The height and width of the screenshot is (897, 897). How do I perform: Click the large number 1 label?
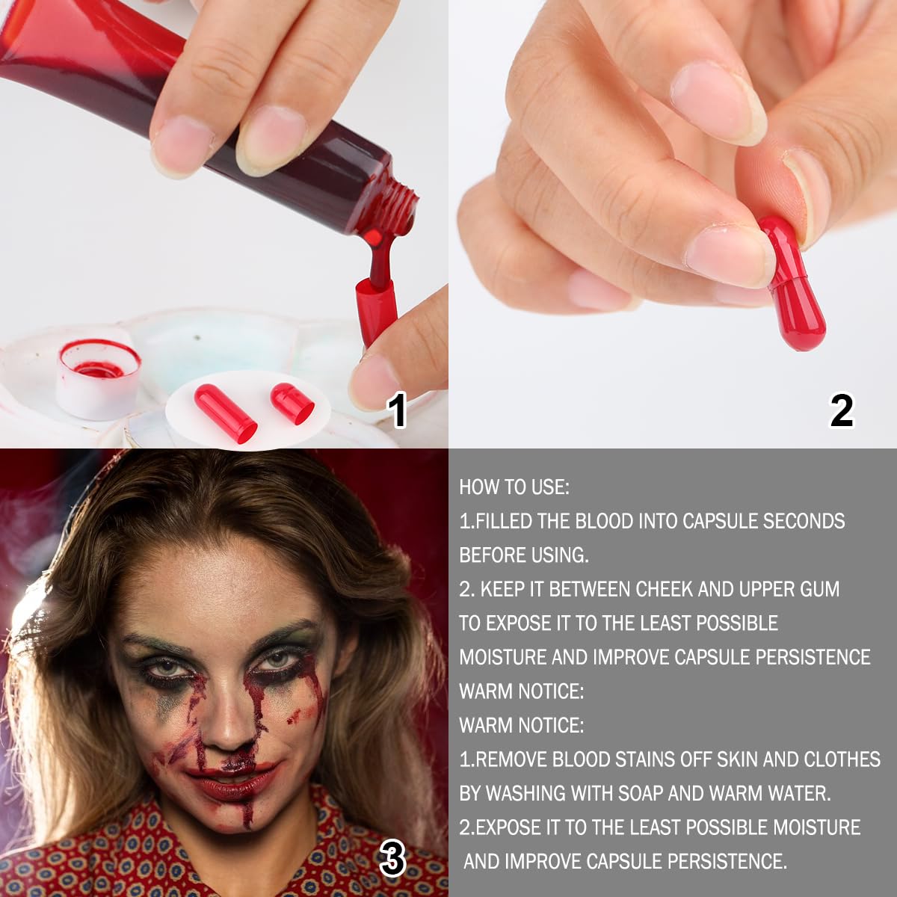[398, 410]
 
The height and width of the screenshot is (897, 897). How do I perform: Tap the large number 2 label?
[842, 410]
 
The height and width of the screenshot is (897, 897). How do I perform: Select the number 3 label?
[392, 860]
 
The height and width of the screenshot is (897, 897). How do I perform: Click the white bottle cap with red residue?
[99, 379]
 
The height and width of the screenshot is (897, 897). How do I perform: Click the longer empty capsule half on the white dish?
[226, 412]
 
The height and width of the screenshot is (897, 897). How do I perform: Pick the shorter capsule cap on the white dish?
[292, 403]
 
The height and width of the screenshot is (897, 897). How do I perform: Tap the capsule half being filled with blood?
[376, 311]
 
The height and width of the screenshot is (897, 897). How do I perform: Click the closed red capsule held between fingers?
[792, 283]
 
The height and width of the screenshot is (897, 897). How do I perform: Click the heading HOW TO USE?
[514, 487]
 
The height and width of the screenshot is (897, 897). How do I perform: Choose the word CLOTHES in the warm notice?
[842, 759]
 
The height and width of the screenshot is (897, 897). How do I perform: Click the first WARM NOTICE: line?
[521, 691]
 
